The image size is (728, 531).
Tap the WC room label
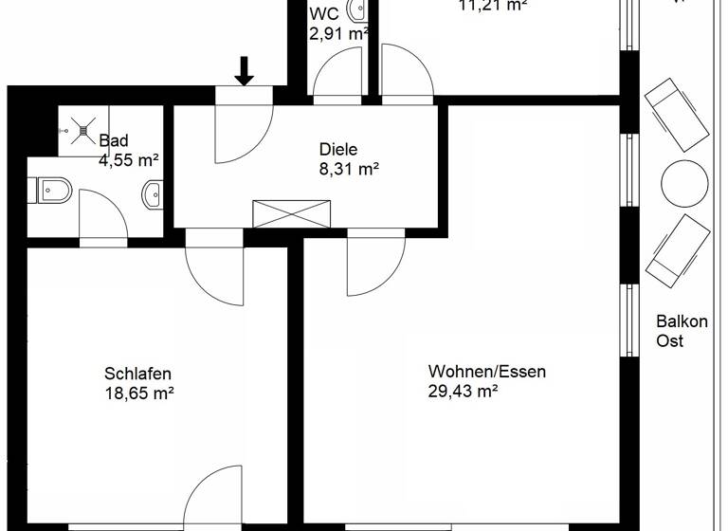click(323, 14)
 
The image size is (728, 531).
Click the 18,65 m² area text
click(138, 392)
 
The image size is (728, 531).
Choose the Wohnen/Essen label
click(486, 371)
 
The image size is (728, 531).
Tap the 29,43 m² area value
click(464, 390)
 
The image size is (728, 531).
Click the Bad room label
click(114, 141)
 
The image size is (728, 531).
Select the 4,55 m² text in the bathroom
click(128, 160)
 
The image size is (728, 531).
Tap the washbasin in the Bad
click(153, 194)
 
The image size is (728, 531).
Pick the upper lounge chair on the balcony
click(676, 115)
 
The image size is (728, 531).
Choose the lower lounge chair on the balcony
click(678, 249)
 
